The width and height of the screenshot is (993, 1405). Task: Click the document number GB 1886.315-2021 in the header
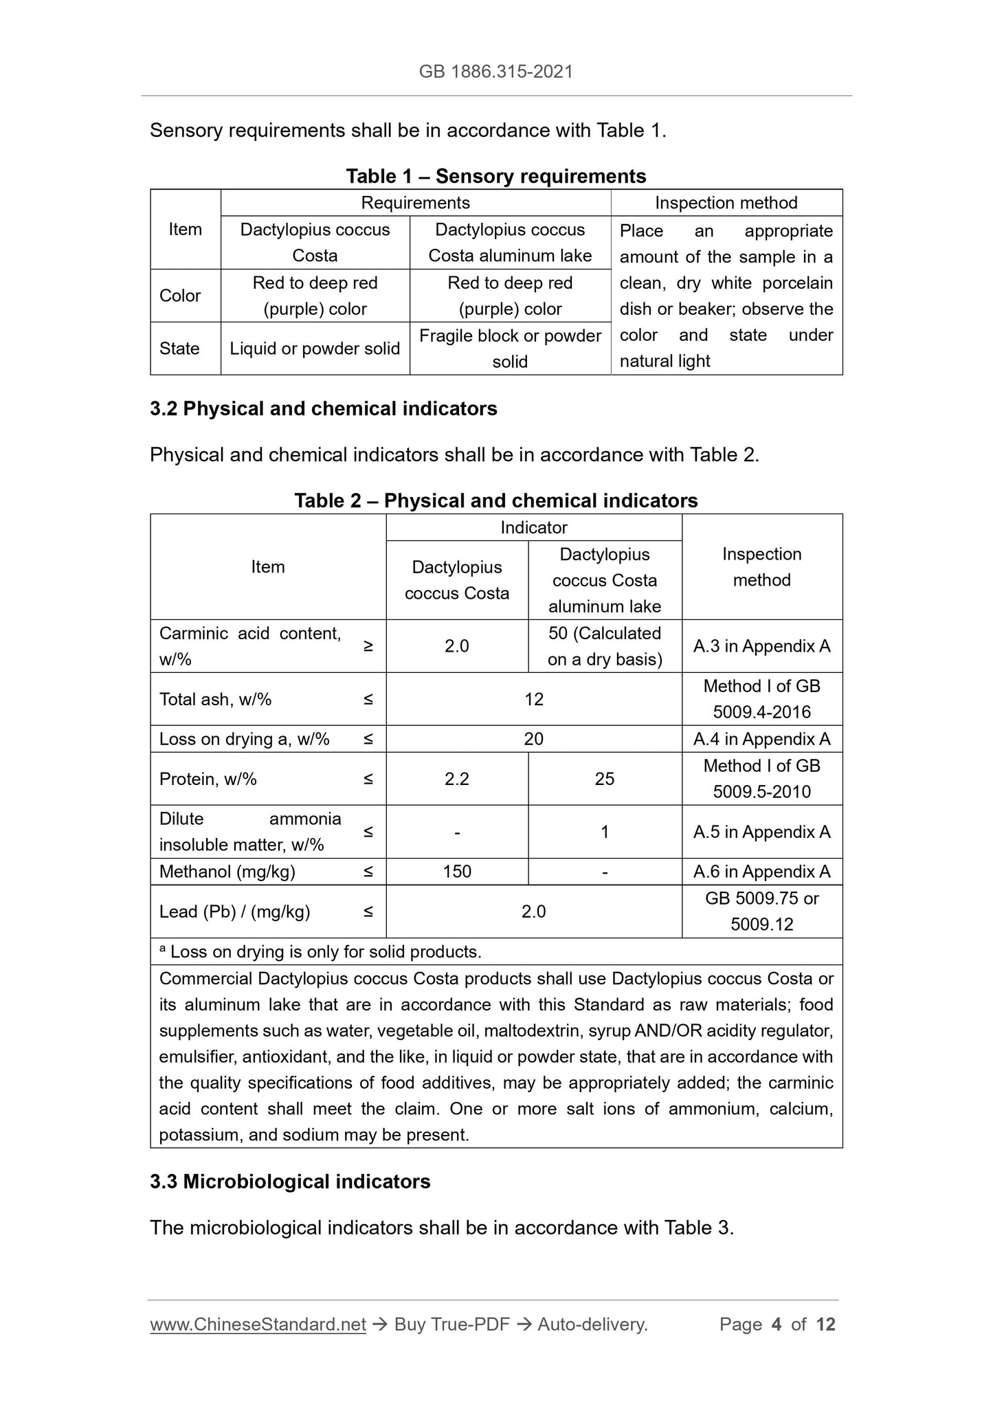[495, 71]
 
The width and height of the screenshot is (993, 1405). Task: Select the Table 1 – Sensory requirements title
[495, 176]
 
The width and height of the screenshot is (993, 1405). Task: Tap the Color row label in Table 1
[180, 296]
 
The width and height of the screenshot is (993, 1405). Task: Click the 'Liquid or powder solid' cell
[315, 349]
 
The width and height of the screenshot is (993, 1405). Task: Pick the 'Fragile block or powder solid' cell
[510, 349]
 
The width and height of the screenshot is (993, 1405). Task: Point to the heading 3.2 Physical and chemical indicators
[323, 408]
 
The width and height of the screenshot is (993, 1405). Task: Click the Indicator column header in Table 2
[533, 527]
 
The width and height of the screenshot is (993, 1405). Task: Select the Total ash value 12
[533, 699]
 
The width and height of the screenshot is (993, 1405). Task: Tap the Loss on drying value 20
[533, 739]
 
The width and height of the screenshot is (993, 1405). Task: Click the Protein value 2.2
[456, 779]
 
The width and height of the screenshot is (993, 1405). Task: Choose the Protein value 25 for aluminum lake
[604, 779]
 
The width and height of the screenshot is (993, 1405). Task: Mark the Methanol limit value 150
[456, 872]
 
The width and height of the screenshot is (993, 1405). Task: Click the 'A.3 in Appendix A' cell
[761, 646]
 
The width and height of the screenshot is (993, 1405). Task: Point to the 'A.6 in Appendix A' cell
[761, 872]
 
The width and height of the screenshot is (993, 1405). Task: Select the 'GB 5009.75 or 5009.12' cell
[761, 911]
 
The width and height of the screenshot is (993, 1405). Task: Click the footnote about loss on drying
[320, 951]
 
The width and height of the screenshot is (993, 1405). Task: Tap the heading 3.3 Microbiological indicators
[290, 1182]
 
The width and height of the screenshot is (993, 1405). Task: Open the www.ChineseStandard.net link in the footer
[258, 1325]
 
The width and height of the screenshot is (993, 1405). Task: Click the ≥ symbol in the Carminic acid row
[368, 646]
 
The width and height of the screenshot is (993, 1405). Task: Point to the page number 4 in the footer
[777, 1325]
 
